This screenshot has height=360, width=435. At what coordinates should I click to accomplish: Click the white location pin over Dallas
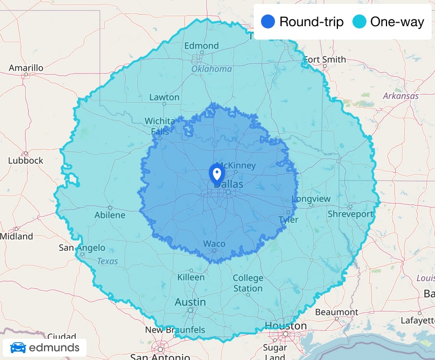pos(216,173)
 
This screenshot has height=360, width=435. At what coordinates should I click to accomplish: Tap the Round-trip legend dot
pos(268,22)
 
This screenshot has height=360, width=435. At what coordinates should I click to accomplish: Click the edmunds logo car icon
pos(18,348)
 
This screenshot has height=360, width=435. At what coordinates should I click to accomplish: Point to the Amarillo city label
pos(26,68)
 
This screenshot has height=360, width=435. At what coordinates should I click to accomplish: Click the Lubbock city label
pos(25,160)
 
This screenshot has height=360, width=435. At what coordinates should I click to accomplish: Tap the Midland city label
pos(16,236)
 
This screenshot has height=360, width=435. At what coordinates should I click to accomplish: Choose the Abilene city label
pos(110,215)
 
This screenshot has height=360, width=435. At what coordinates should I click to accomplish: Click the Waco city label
pos(214,244)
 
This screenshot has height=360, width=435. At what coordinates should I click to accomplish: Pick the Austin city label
pos(190,302)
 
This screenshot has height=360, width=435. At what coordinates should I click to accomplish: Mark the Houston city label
pos(286,325)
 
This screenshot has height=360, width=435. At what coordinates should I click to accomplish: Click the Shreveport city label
pos(350,214)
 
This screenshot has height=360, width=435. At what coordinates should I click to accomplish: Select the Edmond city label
pos(201,46)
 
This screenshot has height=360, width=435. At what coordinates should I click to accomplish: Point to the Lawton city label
pos(165,97)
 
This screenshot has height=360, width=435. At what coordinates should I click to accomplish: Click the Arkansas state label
pos(400,96)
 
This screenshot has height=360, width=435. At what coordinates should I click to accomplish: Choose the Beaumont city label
pos(336,312)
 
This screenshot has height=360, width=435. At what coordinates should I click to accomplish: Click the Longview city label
pos(311,199)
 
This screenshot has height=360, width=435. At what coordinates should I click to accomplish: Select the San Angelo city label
pos(82,248)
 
